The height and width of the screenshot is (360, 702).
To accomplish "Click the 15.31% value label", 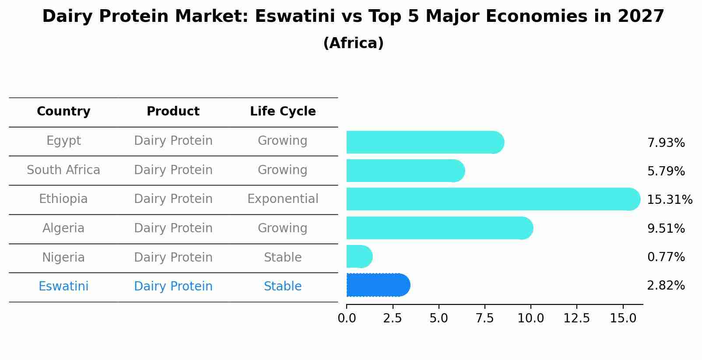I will point(669,200).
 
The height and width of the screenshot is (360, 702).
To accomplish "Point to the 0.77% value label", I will point(666,257).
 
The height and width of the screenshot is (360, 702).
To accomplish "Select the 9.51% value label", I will point(666,228).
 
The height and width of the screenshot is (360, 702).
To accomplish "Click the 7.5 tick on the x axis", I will point(484,318).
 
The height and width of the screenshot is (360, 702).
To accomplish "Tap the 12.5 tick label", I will point(576,318).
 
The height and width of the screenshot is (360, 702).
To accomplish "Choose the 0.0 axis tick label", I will point(347,318).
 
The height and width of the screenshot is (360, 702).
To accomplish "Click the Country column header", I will point(63,112).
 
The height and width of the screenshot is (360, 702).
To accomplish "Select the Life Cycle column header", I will point(283,112).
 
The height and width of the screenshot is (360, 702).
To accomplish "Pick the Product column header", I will point(173,112).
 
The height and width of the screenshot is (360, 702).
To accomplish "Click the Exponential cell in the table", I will point(283,199).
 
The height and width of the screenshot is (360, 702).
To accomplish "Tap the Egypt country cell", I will point(63,141).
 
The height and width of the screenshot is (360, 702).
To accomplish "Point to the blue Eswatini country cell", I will point(63,287).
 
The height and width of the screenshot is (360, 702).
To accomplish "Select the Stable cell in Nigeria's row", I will point(283,257).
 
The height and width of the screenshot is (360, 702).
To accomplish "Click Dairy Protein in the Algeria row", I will point(173,228).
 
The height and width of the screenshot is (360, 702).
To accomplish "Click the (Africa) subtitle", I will point(353,43).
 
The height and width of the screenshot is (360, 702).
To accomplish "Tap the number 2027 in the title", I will point(641,17).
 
